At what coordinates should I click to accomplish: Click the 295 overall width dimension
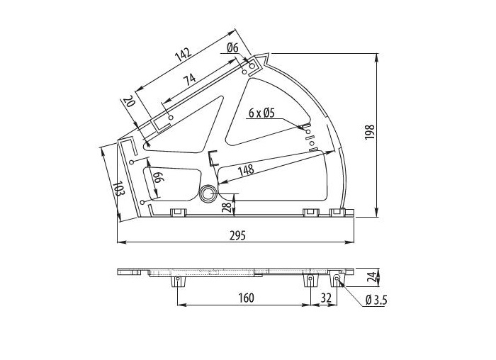(x=237, y=236)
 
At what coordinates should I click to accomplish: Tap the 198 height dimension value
(x=369, y=132)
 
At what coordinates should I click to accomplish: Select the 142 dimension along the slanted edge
(x=184, y=55)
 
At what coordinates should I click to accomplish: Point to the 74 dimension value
(x=191, y=79)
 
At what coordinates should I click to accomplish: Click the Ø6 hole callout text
(x=232, y=48)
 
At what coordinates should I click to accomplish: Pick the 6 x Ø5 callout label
(x=261, y=113)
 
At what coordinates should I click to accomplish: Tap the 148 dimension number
(x=246, y=170)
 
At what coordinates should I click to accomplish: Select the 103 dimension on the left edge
(x=118, y=189)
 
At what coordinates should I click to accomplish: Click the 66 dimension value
(x=158, y=177)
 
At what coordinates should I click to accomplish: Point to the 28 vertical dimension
(x=226, y=208)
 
